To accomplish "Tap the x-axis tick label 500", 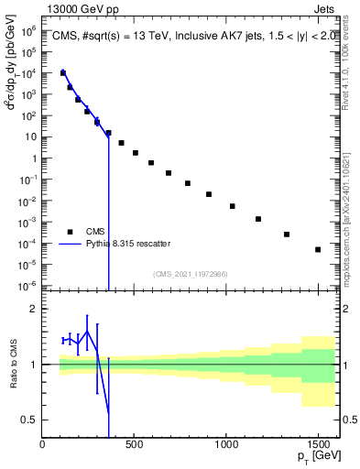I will [x=134, y=444].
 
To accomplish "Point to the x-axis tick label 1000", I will [x=226, y=444].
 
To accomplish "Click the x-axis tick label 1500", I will [x=318, y=444].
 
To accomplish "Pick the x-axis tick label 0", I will [x=42, y=444].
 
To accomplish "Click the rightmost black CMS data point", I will [x=318, y=249].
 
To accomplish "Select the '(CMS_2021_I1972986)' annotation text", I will [x=190, y=274].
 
